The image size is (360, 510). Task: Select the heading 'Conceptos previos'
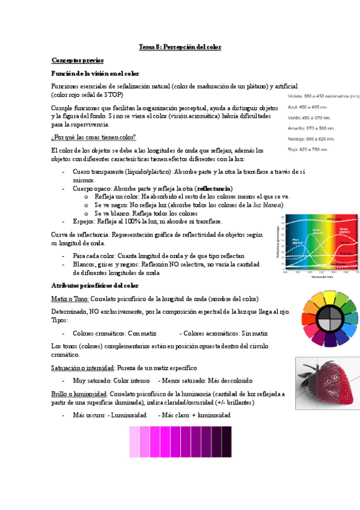click(x=78, y=60)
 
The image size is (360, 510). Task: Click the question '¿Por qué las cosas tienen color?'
click(x=94, y=137)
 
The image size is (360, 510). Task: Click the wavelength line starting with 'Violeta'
click(x=323, y=96)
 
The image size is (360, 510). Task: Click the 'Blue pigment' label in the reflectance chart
click(x=295, y=240)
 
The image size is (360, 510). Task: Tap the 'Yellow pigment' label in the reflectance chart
click(x=344, y=230)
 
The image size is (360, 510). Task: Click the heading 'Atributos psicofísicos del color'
click(x=95, y=285)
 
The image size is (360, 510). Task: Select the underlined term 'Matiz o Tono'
click(x=71, y=298)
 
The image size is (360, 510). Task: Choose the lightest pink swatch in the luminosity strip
click(x=134, y=441)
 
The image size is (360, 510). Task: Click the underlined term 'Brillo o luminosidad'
click(x=80, y=393)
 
